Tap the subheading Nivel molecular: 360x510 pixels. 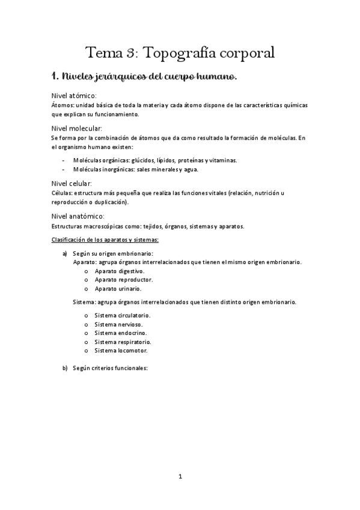78,129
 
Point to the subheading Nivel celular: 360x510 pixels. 72,183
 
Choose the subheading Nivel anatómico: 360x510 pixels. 79,216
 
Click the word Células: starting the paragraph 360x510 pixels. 63,192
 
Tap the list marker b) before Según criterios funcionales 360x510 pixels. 65,368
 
